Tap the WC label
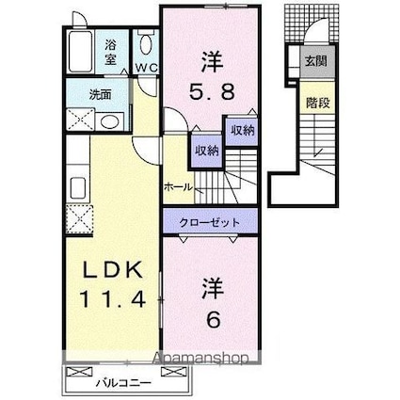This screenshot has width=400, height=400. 145,68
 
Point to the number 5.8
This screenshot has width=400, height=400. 209,94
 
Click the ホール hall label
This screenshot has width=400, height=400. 179,187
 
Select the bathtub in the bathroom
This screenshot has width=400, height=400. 82,50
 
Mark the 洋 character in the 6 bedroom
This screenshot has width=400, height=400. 209,285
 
